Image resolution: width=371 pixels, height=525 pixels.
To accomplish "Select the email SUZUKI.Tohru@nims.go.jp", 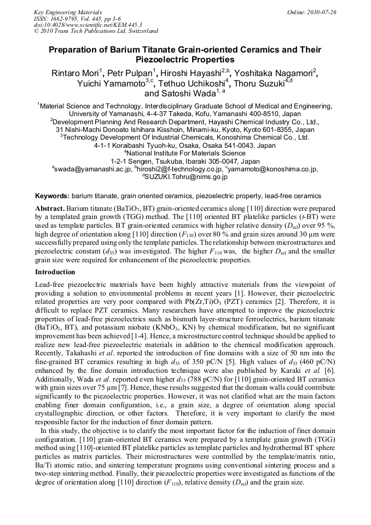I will (187, 177).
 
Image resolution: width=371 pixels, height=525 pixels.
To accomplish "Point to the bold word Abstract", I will (50, 209).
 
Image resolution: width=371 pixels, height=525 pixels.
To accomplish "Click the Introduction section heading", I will (55, 272).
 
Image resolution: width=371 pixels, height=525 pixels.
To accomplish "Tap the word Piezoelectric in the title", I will (163, 59).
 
